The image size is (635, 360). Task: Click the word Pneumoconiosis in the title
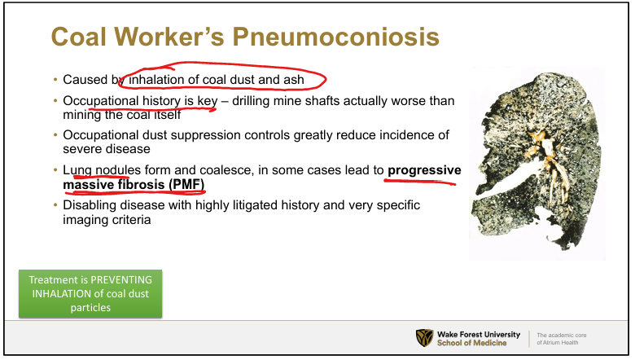(335, 37)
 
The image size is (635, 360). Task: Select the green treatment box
(90, 293)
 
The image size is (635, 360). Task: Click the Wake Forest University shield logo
(424, 338)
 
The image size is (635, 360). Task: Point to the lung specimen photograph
(536, 162)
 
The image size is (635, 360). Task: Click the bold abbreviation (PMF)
(186, 185)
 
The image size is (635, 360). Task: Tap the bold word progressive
(424, 170)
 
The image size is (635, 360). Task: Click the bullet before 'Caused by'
(55, 79)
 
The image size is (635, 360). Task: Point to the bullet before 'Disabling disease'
(55, 205)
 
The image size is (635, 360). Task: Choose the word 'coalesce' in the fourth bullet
(226, 170)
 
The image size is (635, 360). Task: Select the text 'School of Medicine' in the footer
(472, 343)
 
